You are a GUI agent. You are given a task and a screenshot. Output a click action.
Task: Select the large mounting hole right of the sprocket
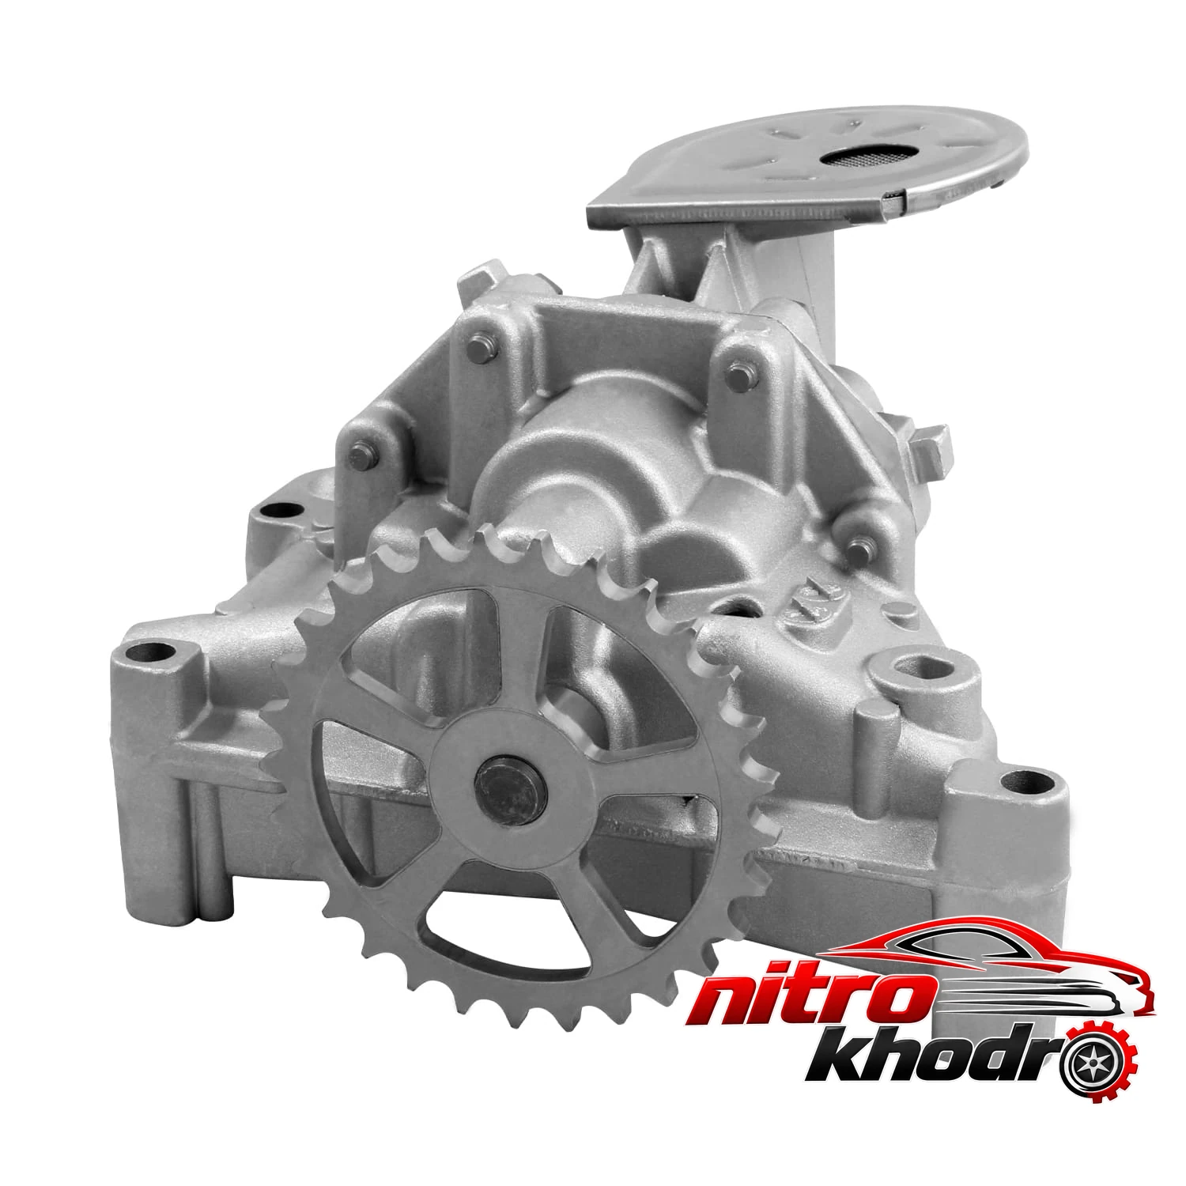(919, 662)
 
